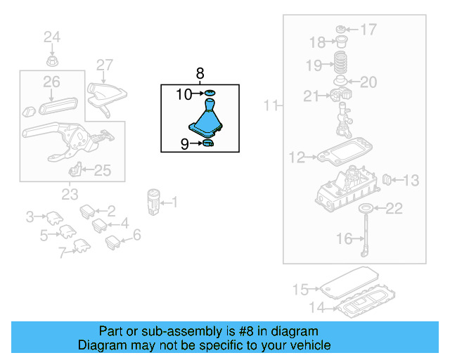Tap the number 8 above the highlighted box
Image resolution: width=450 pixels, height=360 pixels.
[200, 73]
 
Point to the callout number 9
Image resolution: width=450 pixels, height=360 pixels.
[185, 144]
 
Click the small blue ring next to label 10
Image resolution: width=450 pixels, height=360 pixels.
[210, 93]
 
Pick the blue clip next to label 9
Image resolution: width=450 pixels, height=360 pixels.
[208, 145]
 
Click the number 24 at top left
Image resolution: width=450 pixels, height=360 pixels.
[53, 37]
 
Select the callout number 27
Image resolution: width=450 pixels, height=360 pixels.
[104, 65]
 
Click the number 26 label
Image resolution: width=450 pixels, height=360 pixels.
[51, 83]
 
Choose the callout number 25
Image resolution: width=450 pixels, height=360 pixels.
[103, 169]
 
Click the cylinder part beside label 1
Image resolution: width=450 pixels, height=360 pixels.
[153, 200]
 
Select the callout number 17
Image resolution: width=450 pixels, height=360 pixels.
[368, 30]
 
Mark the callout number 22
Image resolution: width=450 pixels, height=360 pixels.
[394, 207]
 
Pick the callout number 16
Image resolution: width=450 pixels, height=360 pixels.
[344, 239]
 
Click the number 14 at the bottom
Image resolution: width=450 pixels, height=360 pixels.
[319, 307]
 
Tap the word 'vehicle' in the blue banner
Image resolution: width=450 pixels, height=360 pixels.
[301, 346]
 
